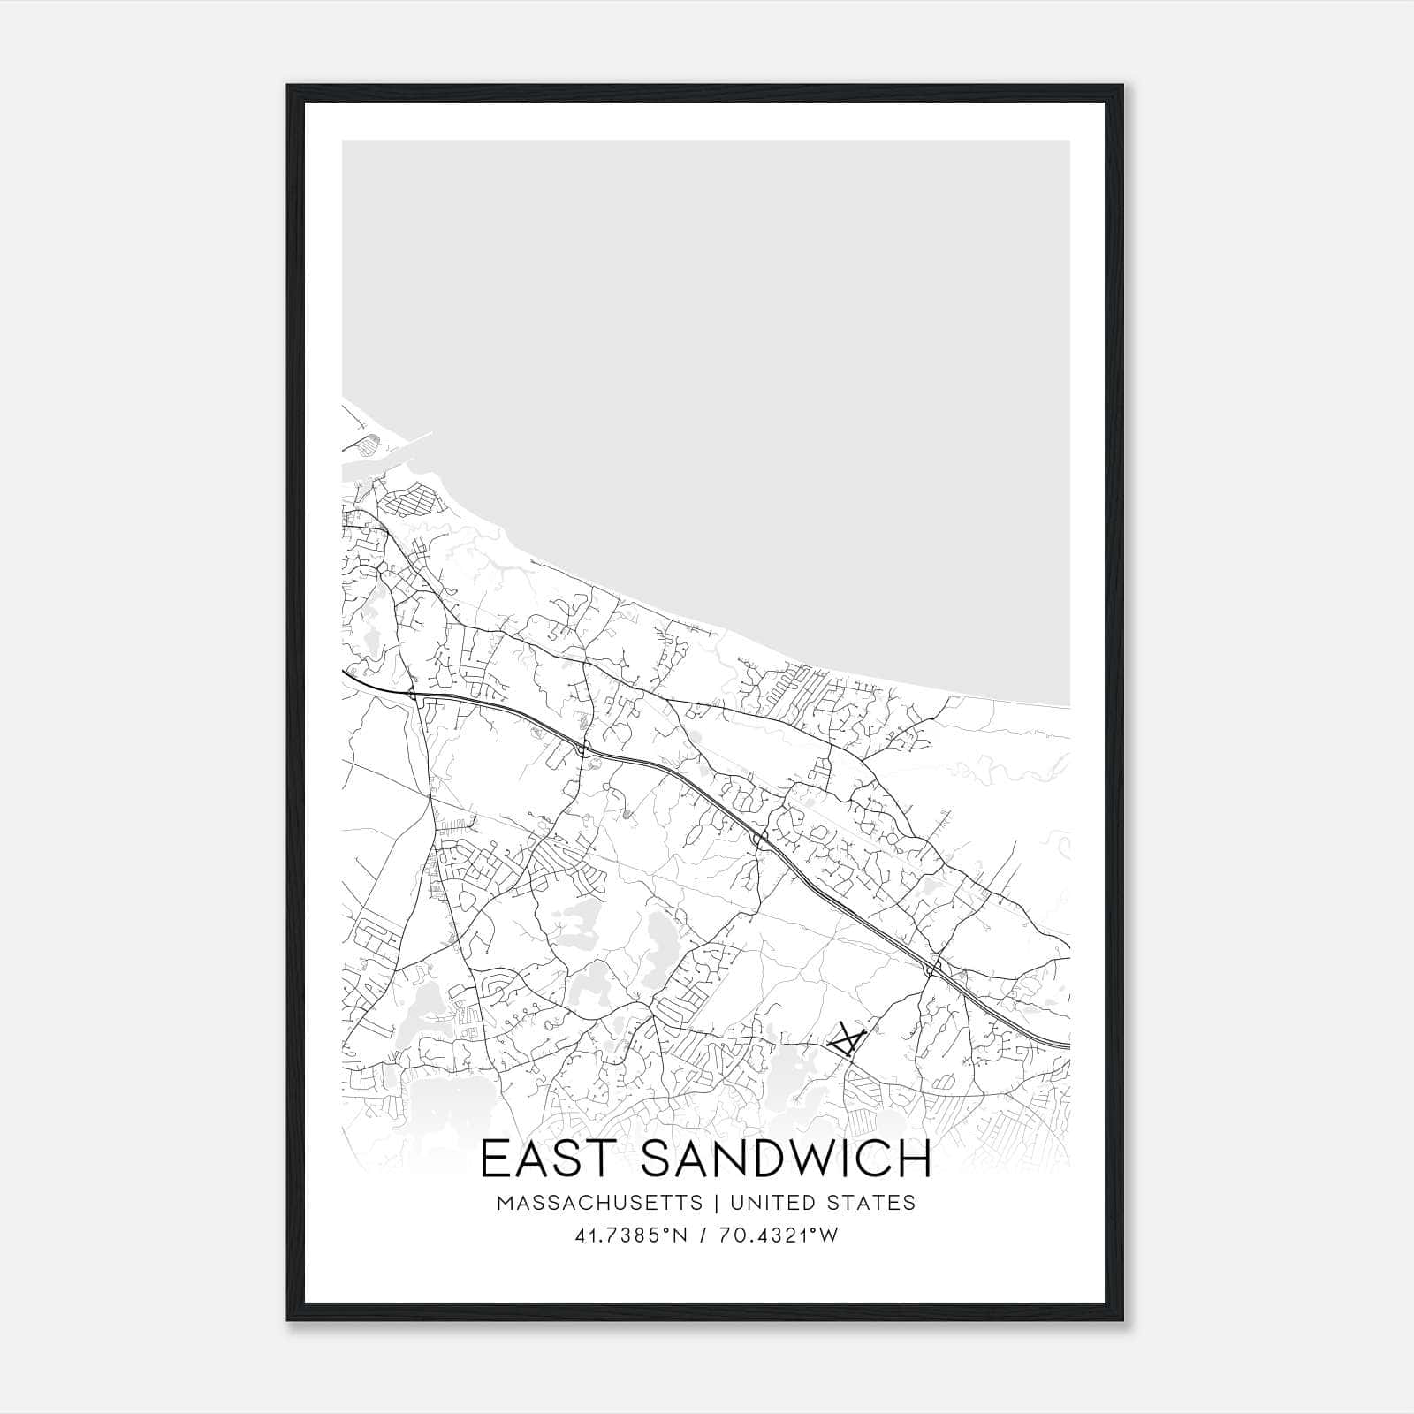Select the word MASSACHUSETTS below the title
point(600,1203)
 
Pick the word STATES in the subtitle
point(871,1203)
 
